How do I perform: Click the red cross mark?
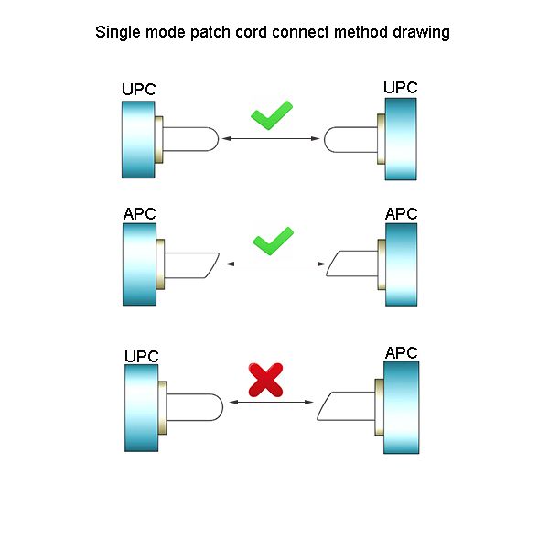265,380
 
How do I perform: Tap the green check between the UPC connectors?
272,115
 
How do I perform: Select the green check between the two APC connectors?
273,242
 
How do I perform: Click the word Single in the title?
118,33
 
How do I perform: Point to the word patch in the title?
210,33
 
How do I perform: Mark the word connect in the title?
300,32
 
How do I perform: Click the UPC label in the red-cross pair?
142,357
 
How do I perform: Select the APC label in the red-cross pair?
402,352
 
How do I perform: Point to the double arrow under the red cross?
271,402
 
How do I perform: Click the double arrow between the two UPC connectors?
271,139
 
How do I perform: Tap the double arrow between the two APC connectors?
275,264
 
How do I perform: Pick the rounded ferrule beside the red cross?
195,407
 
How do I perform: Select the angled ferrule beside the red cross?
347,406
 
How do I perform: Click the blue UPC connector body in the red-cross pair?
142,408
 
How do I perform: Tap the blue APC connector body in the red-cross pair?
402,407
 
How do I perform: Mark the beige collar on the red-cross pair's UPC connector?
162,408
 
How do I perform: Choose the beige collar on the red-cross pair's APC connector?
379,407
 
